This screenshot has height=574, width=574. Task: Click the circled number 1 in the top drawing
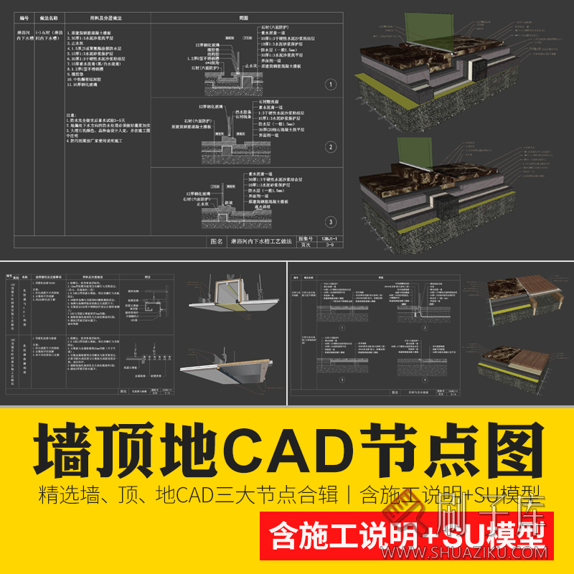331,84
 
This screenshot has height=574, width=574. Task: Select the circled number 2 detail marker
331,147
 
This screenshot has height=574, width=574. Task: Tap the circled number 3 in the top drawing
331,221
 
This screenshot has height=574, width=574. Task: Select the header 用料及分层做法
99,17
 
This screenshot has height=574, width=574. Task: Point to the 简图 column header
246,17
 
